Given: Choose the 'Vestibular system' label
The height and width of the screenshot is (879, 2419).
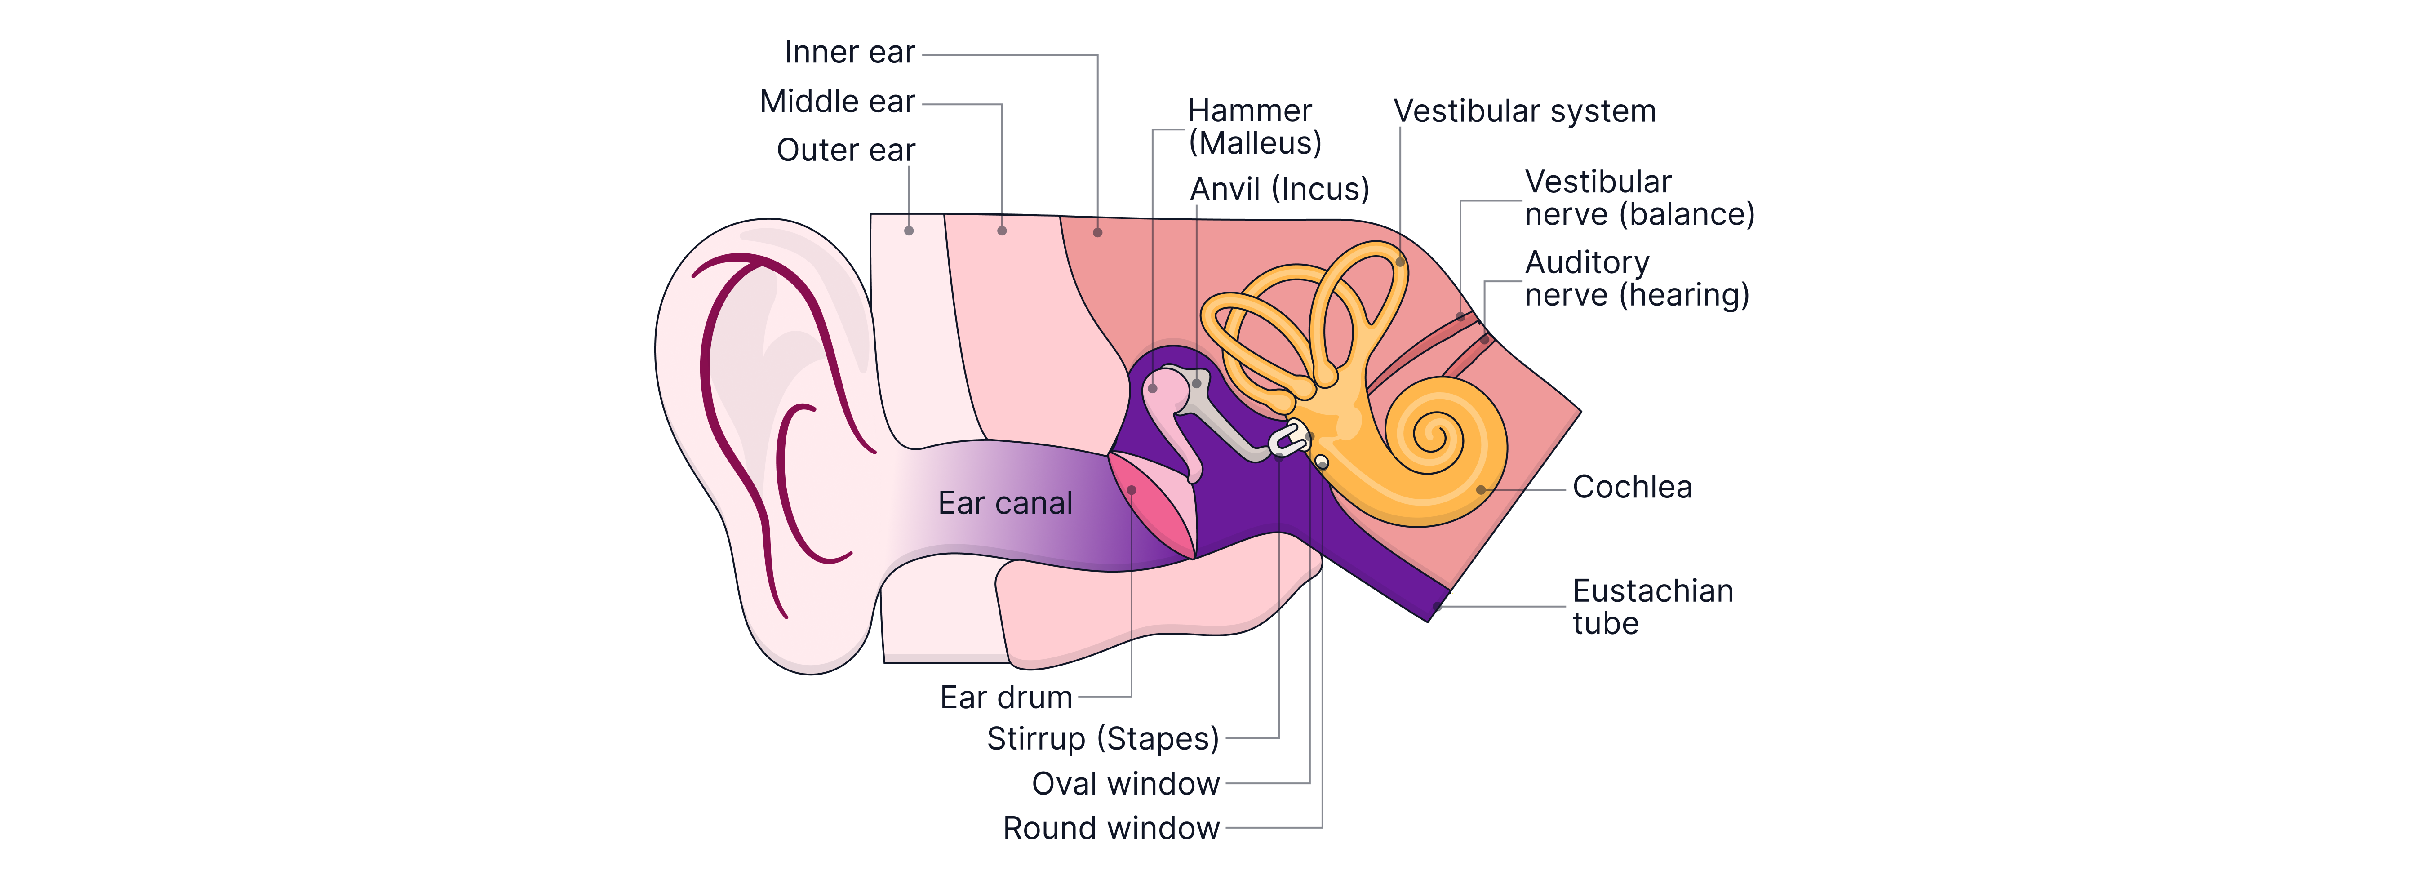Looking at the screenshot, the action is point(1524,111).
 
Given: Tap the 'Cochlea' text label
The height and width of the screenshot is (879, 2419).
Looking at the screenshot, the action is point(1632,488).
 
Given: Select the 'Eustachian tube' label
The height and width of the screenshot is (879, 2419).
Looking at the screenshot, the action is point(1653,607).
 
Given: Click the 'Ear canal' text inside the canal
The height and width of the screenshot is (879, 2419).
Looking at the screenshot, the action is point(1005,503).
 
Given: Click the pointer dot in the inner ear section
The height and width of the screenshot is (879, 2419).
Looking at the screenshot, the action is point(1098,232).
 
